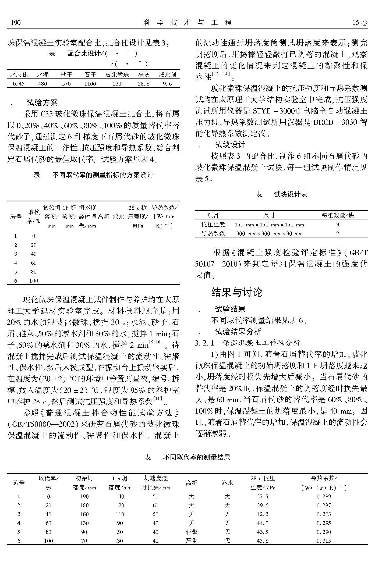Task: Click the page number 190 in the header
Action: (x=16, y=23)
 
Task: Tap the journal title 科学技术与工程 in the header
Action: (x=187, y=23)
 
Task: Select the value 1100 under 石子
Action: (x=90, y=84)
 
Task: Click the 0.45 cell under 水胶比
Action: (x=19, y=84)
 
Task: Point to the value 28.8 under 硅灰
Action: (x=144, y=84)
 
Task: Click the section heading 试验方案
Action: (x=42, y=103)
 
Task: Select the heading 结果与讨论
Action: (x=237, y=292)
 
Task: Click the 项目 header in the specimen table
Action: (x=213, y=215)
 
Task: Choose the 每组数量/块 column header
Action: (x=338, y=215)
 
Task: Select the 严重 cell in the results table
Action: (x=192, y=541)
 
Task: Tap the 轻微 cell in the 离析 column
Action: (x=192, y=532)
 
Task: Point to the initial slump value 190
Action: (x=84, y=496)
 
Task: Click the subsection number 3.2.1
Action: (x=204, y=343)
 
